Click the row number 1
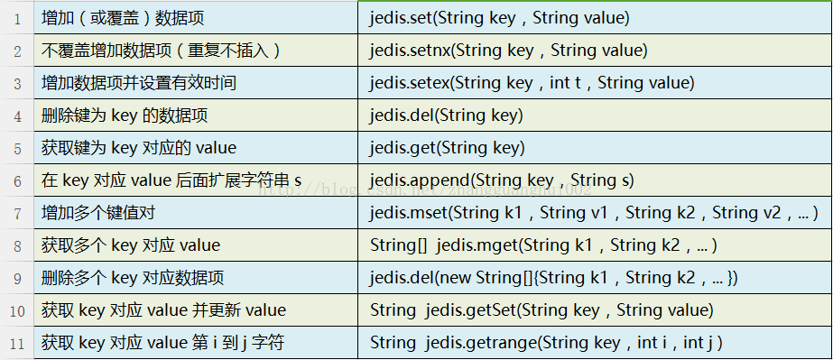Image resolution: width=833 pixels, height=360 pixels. point(18,18)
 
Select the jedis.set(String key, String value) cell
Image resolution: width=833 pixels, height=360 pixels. point(499,18)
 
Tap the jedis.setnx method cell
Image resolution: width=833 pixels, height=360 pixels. point(508,51)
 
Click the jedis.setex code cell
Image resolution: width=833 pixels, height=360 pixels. point(532,83)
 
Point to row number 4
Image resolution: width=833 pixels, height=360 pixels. point(18,116)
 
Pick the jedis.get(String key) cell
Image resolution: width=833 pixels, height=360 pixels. point(447,148)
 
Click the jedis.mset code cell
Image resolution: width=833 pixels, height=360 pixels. point(594,213)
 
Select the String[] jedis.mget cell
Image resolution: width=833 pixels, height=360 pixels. point(543,245)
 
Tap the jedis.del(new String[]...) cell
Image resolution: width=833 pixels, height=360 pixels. point(553,278)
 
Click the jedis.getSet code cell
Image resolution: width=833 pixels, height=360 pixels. point(541,310)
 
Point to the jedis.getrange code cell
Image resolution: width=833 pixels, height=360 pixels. point(546,343)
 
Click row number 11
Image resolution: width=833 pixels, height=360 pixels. point(18,343)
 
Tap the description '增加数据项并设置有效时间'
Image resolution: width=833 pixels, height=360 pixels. point(139,83)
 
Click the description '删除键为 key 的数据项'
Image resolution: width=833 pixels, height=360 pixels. point(125,116)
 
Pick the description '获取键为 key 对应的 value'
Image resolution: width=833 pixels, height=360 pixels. point(139,148)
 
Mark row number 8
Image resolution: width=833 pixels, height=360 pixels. point(18,245)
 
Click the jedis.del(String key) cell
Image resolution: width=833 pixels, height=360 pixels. point(446,116)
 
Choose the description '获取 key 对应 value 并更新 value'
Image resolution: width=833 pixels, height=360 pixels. point(163,310)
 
